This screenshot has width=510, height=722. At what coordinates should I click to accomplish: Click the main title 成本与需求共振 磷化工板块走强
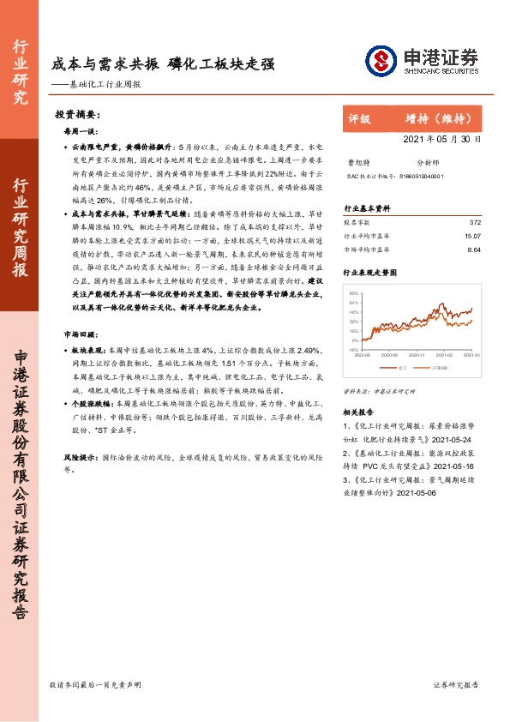coord(163,63)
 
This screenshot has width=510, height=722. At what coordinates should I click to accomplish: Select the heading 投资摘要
coord(77,114)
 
